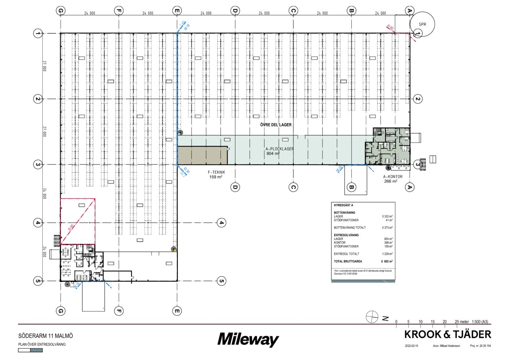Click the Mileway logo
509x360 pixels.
pyautogui.click(x=248, y=340)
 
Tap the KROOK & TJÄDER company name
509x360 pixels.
pyautogui.click(x=447, y=335)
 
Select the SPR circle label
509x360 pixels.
pyautogui.click(x=422, y=24)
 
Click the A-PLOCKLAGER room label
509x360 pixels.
pyautogui.click(x=279, y=149)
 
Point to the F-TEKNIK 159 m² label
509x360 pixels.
pyautogui.click(x=216, y=175)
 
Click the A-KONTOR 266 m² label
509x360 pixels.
pyautogui.click(x=393, y=179)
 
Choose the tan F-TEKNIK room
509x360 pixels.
pyautogui.click(x=202, y=156)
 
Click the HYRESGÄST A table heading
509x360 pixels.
pyautogui.click(x=343, y=205)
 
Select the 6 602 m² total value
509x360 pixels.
pyautogui.click(x=387, y=261)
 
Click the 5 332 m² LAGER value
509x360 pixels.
pyautogui.click(x=387, y=217)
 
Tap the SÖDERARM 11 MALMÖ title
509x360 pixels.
pyautogui.click(x=46, y=336)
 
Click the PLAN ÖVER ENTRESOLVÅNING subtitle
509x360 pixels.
pyautogui.click(x=42, y=344)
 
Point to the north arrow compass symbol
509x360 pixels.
pyautogui.click(x=372, y=317)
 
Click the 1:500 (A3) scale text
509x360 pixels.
pyautogui.click(x=480, y=322)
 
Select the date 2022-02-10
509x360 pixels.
pyautogui.click(x=411, y=346)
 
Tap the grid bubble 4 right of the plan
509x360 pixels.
pyautogui.click(x=221, y=223)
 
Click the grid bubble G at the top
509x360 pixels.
pyautogui.click(x=60, y=11)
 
